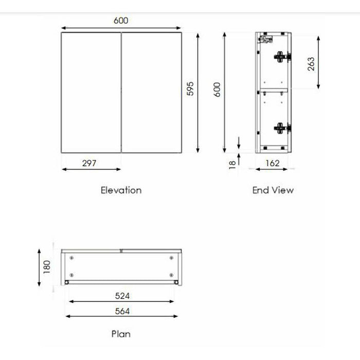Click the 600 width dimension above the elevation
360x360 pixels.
point(121,21)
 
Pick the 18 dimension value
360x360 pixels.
point(232,163)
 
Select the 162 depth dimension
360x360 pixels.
point(273,163)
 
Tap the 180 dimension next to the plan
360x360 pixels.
point(47,267)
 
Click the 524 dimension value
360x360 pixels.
point(122,296)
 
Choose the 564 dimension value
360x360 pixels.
point(122,311)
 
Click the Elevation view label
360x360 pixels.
point(121,190)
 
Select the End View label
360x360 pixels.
point(273,190)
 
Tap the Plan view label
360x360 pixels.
point(121,334)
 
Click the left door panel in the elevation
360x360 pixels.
point(91,93)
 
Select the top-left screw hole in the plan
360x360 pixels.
point(71,257)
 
